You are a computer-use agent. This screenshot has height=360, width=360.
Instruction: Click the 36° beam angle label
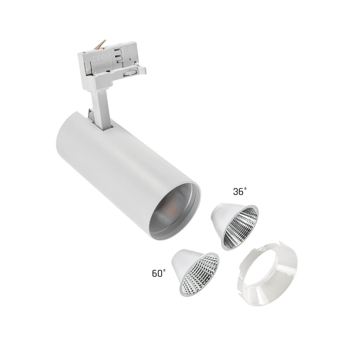click(x=240, y=192)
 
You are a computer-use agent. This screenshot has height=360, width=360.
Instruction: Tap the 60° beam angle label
click(x=159, y=273)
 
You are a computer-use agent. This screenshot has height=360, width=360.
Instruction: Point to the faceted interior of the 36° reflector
click(x=240, y=228)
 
